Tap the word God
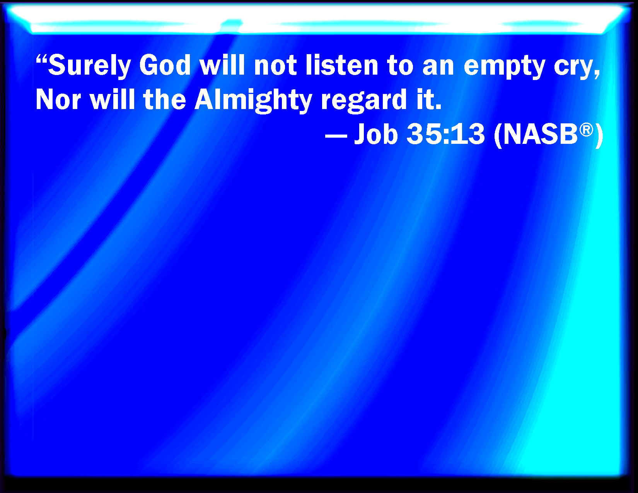point(165,65)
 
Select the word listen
point(342,65)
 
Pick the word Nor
point(58,99)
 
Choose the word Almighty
point(253,101)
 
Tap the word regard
point(364,101)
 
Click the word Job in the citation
point(376,134)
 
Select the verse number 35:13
point(445,134)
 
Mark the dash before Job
point(336,136)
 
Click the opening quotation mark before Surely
point(41,59)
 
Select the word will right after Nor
point(112,99)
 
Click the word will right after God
point(222,65)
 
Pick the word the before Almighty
point(165,99)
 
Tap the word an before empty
point(438,68)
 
